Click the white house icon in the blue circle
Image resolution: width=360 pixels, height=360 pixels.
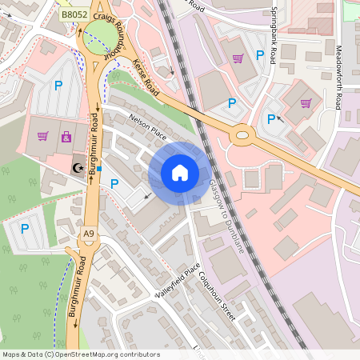[x=180, y=173]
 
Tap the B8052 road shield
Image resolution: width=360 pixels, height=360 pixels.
[x=75, y=14]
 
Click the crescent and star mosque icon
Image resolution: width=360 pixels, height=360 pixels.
[x=78, y=168]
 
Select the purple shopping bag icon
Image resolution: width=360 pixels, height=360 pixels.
[x=65, y=136]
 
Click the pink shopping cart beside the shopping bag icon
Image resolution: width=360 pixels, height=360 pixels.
[x=43, y=136]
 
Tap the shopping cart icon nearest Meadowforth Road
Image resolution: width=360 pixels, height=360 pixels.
[x=306, y=102]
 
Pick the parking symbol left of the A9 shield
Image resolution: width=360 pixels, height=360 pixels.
[x=25, y=228]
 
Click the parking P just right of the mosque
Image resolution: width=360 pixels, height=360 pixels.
[x=114, y=183]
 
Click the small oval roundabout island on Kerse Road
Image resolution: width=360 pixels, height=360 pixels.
[x=241, y=135]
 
